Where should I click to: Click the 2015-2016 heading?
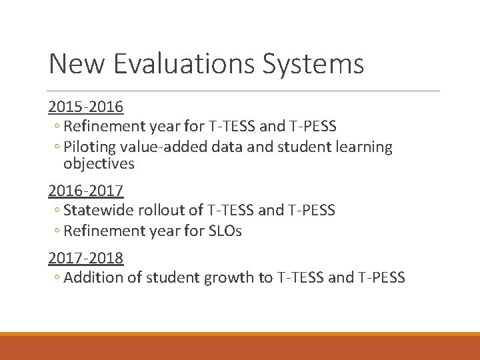coord(86,107)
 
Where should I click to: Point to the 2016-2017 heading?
coord(86,191)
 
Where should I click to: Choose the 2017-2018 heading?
coord(86,257)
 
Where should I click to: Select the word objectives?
coord(99,163)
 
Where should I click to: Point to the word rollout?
coord(165,211)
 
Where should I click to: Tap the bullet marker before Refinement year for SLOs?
coord(57,231)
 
